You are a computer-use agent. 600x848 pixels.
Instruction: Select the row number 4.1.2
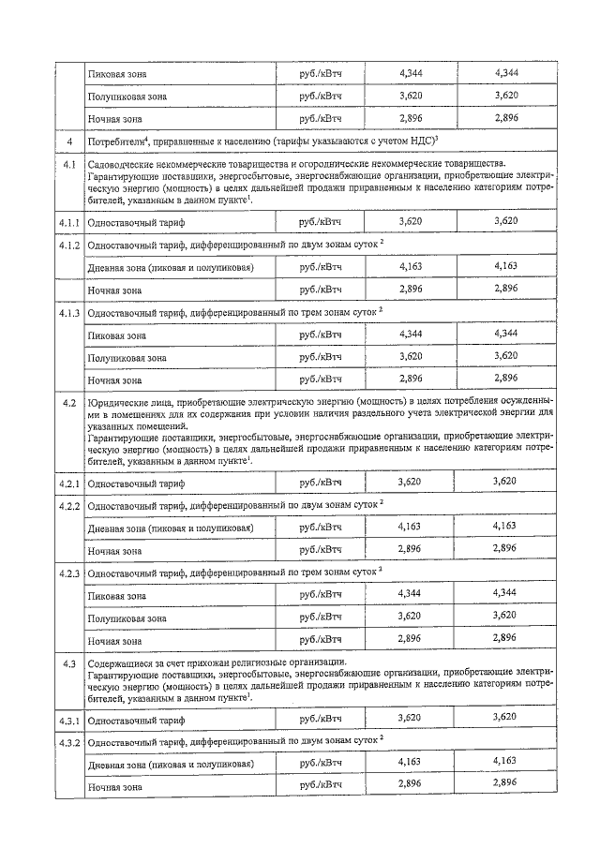[68, 245]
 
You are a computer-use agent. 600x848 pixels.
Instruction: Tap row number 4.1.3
[68, 313]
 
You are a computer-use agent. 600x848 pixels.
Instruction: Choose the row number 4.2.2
[68, 506]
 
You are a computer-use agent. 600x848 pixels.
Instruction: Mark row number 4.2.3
[68, 573]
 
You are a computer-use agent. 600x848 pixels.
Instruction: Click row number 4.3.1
[68, 720]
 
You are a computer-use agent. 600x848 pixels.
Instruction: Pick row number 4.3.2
[68, 742]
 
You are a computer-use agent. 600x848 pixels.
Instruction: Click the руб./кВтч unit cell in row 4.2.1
[321, 483]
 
